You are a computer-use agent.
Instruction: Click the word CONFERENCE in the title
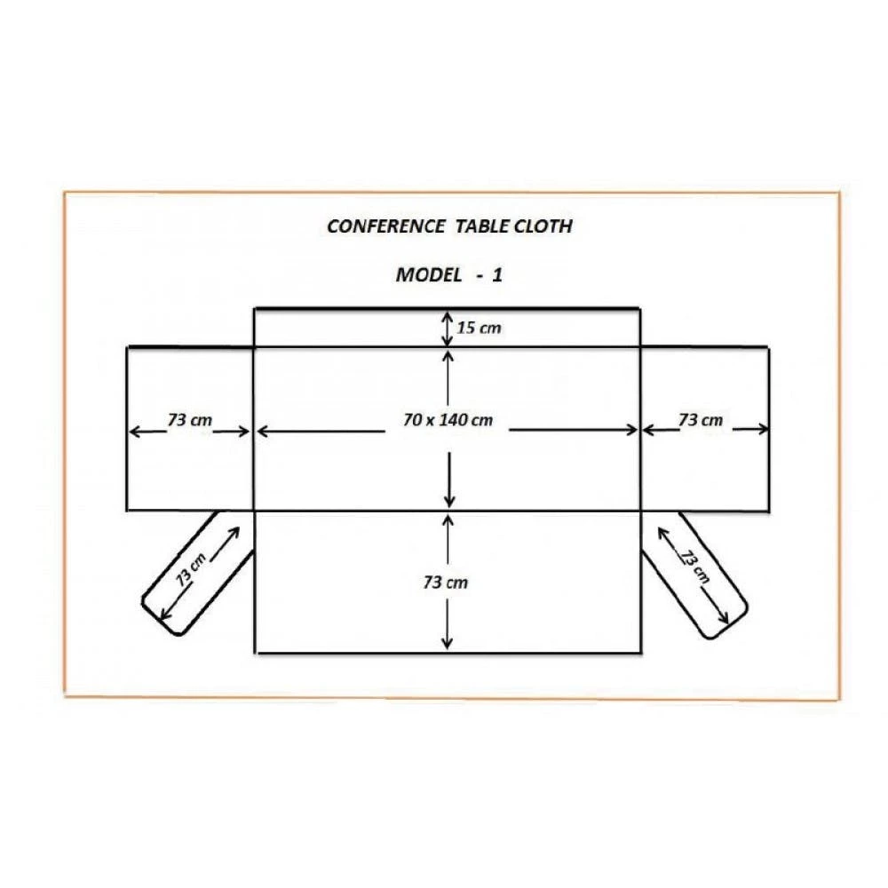(x=386, y=226)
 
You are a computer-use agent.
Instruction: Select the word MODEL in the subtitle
(x=428, y=274)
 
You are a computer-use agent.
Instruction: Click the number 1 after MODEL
(x=497, y=274)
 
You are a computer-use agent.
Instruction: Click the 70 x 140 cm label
(x=447, y=420)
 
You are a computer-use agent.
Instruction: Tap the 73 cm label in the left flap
(x=188, y=420)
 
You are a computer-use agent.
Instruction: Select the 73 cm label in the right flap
(x=702, y=420)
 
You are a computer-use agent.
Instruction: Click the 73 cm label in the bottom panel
(x=446, y=583)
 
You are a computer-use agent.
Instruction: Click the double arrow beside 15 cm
(x=447, y=329)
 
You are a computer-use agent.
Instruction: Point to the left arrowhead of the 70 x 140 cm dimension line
(x=261, y=431)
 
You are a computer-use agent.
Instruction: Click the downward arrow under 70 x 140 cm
(x=451, y=484)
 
